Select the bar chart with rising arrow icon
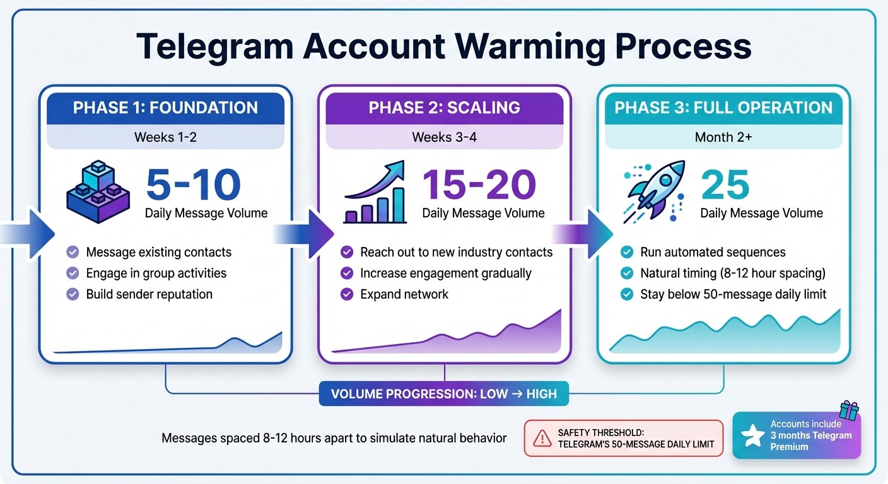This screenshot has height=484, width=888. (x=375, y=192)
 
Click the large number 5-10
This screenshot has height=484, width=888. (x=193, y=185)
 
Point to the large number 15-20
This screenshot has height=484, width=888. (x=479, y=185)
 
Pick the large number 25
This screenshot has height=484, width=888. (x=725, y=185)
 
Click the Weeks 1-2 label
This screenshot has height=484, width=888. (x=165, y=137)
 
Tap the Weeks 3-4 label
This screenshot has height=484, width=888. (x=444, y=137)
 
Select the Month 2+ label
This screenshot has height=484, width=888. (x=723, y=137)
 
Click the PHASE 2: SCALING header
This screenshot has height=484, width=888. (x=444, y=107)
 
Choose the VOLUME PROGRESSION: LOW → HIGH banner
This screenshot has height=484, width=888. (x=444, y=395)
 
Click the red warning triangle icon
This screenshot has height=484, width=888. (x=542, y=438)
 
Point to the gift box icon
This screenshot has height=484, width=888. (x=849, y=410)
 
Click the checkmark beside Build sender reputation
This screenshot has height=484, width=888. (x=73, y=294)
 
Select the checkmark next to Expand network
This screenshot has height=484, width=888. (x=347, y=294)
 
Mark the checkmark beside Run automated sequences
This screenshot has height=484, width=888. (x=627, y=253)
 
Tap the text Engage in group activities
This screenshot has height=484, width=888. (x=156, y=274)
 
